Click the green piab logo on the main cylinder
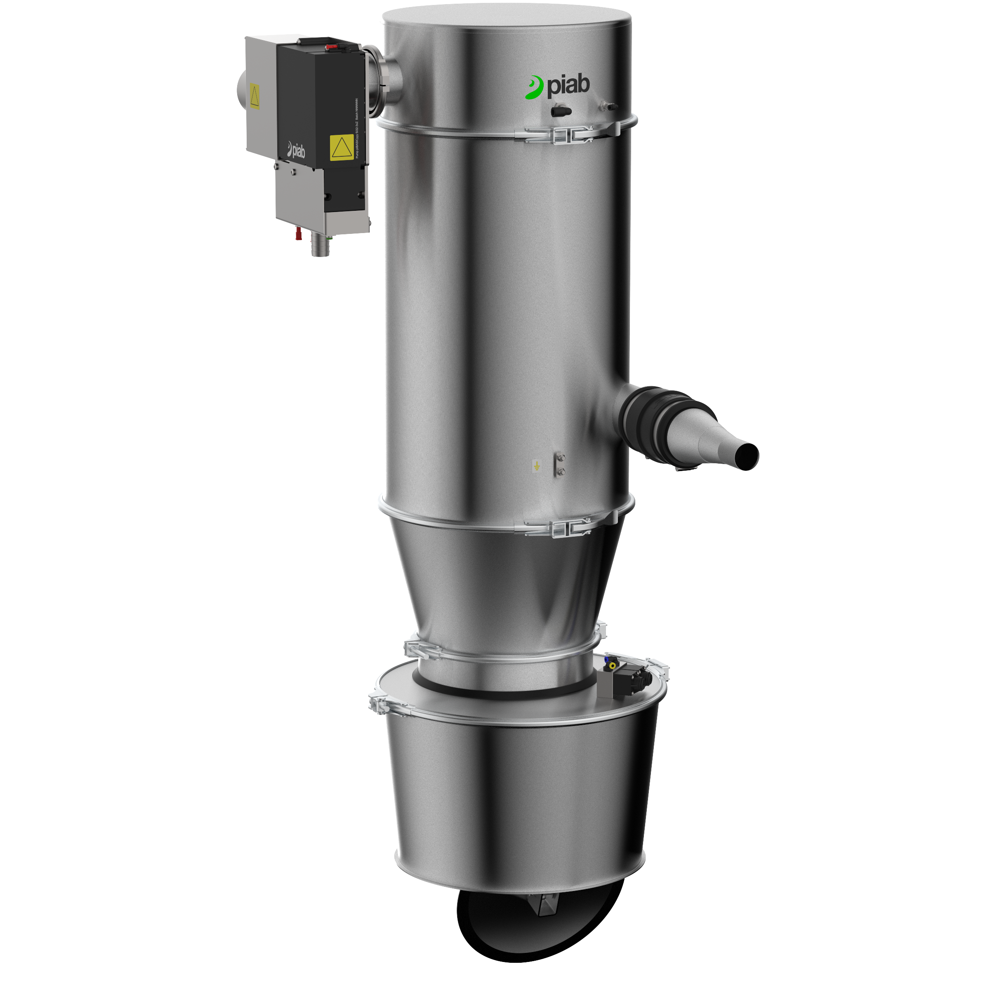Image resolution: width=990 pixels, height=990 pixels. [x=558, y=87]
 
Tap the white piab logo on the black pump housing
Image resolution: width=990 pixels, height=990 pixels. [x=296, y=150]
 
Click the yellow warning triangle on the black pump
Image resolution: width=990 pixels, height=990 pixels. [x=341, y=148]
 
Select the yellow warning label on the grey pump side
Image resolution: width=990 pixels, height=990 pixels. [x=254, y=97]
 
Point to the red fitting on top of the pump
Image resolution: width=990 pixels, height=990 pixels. [x=332, y=47]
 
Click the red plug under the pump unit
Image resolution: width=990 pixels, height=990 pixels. [x=298, y=235]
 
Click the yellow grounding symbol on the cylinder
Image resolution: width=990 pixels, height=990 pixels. [x=537, y=466]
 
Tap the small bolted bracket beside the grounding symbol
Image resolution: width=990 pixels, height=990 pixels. [x=560, y=464]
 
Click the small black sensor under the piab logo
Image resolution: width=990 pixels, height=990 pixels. [x=561, y=110]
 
